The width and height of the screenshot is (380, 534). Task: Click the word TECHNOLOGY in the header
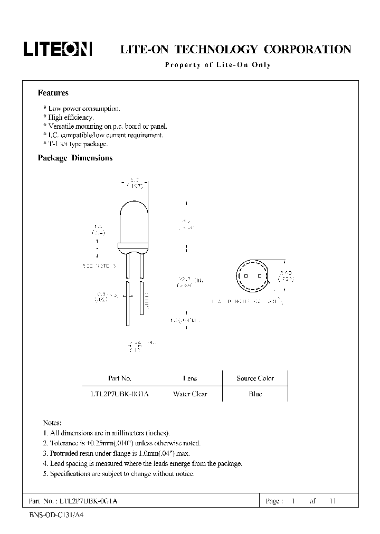coord(215,50)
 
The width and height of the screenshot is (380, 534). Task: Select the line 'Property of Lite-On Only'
coord(218,65)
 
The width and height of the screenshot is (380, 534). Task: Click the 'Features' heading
coord(53,93)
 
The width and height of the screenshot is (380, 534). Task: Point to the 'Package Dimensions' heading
coord(75,158)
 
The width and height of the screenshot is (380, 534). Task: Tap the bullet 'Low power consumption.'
coord(82,109)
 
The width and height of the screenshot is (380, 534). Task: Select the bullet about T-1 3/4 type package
coord(75,144)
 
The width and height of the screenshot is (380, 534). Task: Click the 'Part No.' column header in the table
coord(119,378)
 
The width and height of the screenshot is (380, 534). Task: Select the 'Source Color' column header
coord(255,378)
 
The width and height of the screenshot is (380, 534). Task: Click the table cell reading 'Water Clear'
coord(190,394)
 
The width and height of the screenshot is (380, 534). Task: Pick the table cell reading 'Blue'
coord(255,394)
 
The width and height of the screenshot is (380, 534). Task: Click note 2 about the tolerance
coord(121,443)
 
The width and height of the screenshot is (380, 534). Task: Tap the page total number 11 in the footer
coord(332,501)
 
